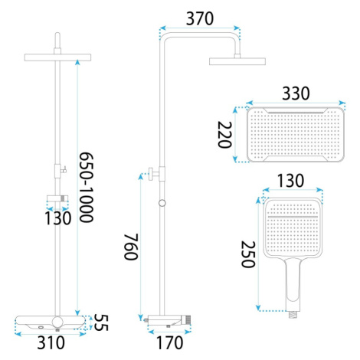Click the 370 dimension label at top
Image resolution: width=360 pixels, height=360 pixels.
coord(200,18)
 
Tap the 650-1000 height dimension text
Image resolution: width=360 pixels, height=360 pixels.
coord(86,187)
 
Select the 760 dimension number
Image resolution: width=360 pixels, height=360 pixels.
coord(131,247)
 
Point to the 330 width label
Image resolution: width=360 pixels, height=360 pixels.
coord(296,93)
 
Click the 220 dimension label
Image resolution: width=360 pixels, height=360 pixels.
coord(224,135)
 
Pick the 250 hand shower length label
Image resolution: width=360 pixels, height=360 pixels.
coord(248,254)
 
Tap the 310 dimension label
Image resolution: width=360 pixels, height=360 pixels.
coord(51,342)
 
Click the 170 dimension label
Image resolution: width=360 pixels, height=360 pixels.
coord(169,342)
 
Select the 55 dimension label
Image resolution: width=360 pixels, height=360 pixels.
coord(101,322)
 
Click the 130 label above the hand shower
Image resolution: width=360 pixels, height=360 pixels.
coord(290,181)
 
